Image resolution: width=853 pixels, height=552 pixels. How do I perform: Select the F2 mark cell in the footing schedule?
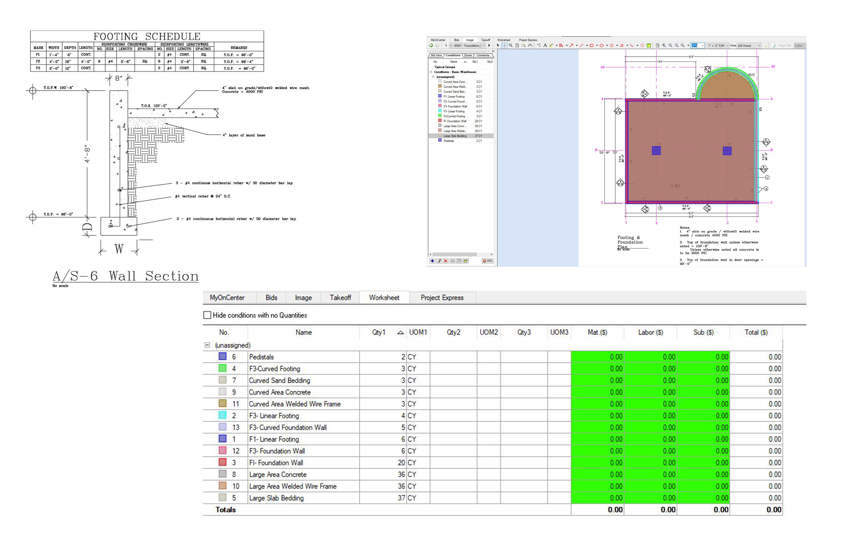coord(38,61)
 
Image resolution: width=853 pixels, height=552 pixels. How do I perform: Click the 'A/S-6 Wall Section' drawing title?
coord(125,276)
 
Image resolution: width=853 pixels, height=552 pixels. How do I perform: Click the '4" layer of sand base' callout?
coord(244,135)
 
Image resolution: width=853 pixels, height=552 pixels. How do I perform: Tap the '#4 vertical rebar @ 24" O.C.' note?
coord(203,196)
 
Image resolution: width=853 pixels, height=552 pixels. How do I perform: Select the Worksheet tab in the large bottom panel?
coord(384,298)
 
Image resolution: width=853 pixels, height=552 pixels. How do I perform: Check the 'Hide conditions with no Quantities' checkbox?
coord(207,315)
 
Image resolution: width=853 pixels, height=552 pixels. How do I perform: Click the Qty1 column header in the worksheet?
coord(378,332)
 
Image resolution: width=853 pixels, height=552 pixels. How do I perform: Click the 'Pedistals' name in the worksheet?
coord(261,357)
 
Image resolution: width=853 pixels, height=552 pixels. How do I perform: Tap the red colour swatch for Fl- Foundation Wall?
coord(223,462)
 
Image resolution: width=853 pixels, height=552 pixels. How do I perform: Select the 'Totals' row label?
coord(225,510)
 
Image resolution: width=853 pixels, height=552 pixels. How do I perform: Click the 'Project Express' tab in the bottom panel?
coord(442,298)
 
